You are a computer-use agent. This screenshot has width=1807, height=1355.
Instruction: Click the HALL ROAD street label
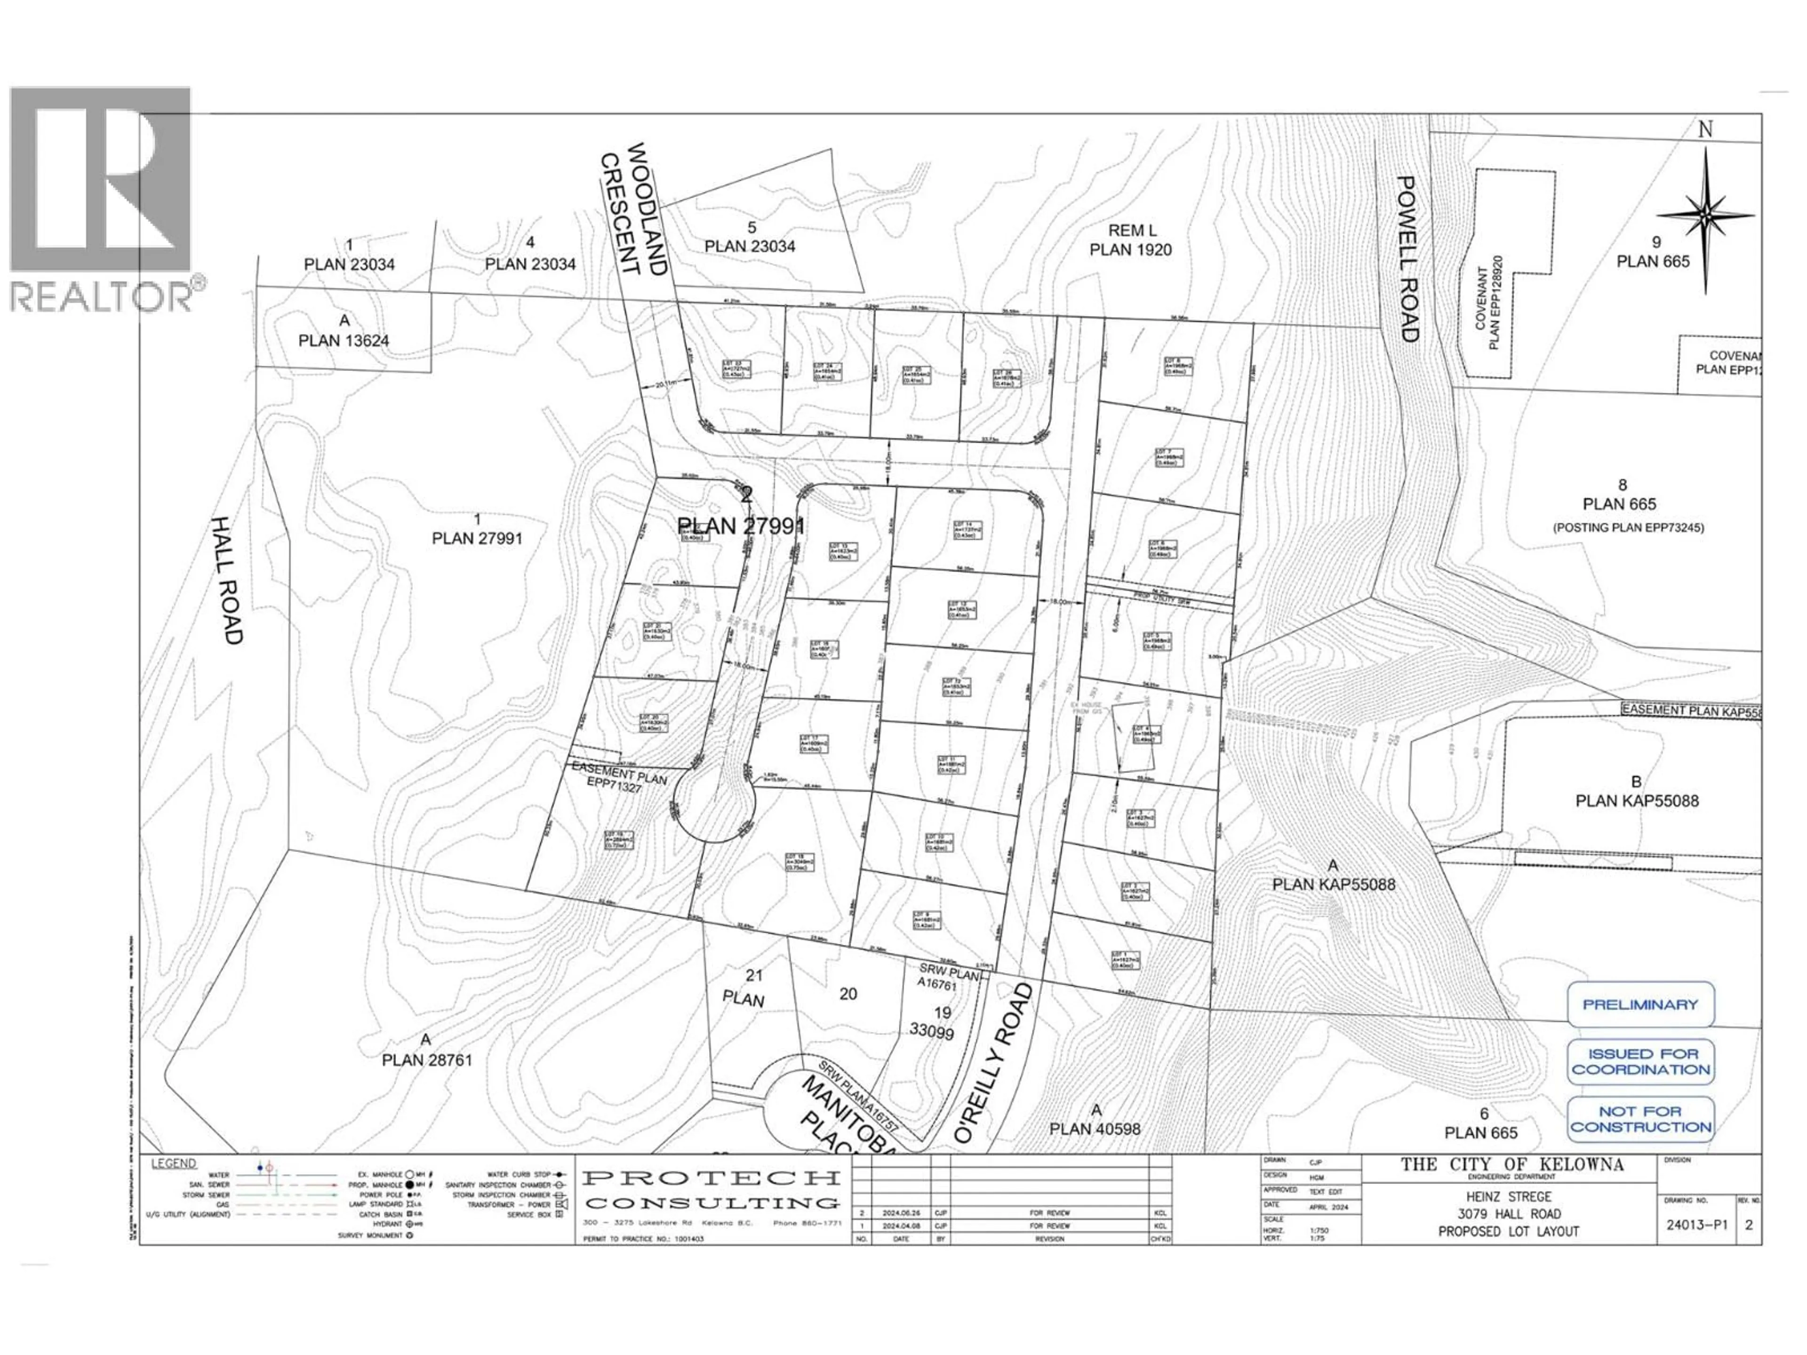click(227, 580)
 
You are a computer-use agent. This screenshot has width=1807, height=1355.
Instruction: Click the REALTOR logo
click(101, 200)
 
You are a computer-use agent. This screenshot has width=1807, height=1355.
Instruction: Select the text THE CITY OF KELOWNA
click(1512, 1165)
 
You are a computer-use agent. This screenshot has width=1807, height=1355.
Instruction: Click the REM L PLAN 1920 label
click(1131, 240)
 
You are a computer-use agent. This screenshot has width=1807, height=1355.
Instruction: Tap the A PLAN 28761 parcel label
click(426, 1050)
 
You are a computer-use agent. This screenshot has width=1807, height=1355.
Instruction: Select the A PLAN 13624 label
click(344, 331)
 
